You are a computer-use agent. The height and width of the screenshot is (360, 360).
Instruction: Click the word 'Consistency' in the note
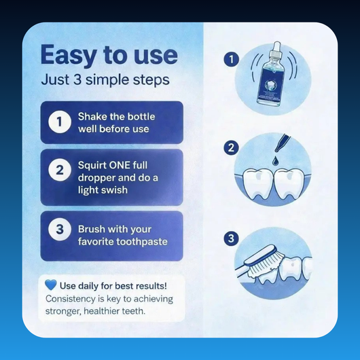click(x=72, y=298)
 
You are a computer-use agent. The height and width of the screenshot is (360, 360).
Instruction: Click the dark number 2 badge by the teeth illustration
click(x=232, y=147)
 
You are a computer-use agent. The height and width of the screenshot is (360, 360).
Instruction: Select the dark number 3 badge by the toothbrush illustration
click(x=232, y=238)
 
